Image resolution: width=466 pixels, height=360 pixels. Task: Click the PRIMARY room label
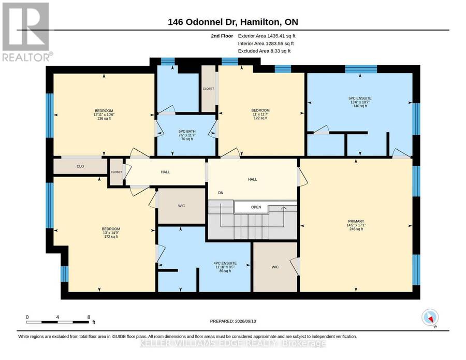pos(356,221)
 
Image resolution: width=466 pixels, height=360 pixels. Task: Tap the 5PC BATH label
pos(187,132)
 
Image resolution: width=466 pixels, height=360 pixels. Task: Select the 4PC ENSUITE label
pos(225,263)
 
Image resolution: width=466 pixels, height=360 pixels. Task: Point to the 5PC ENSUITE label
pos(360,98)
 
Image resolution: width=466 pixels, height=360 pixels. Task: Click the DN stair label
pos(221,193)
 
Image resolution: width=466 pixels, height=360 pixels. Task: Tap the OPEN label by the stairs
pos(256,207)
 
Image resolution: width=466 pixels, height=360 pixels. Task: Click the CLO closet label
pos(80,166)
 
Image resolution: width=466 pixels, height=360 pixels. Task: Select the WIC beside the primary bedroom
pos(275,267)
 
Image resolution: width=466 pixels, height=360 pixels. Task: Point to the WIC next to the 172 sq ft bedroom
pos(182,206)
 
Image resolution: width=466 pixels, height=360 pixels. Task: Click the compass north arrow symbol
pos(430,318)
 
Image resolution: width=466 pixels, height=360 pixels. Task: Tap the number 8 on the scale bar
pos(89,317)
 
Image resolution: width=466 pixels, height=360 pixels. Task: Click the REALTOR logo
pos(27,32)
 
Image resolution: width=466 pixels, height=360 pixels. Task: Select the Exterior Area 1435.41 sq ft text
pos(267,36)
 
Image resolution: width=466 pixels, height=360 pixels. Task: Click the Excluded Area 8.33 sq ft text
pos(264,51)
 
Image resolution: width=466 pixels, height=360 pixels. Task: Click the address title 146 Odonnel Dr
pos(202,22)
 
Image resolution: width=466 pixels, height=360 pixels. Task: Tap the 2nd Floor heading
pos(222,36)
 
